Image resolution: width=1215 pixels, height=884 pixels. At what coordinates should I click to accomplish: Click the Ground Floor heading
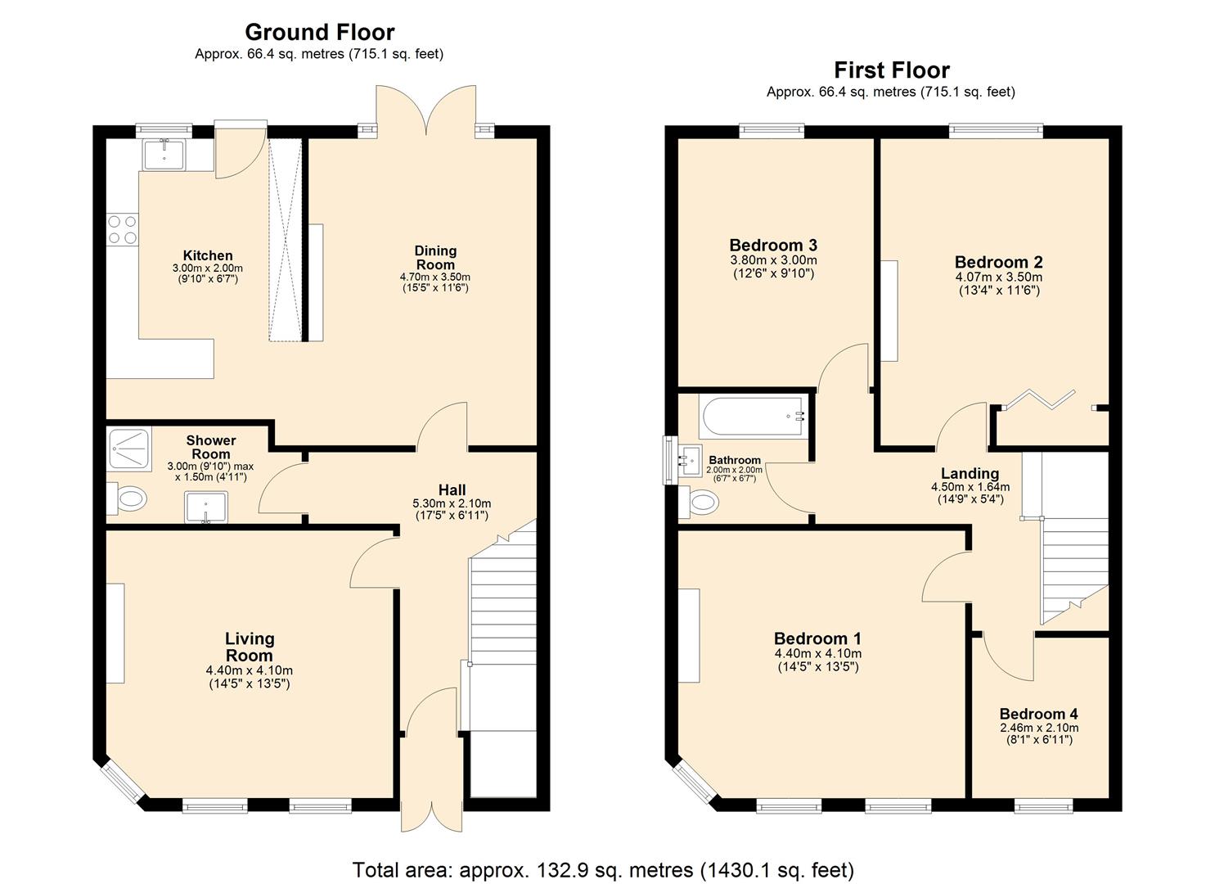pyautogui.click(x=319, y=32)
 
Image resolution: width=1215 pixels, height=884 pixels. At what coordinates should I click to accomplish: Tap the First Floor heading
pyautogui.click(x=891, y=70)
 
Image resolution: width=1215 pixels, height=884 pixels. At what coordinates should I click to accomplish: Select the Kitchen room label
pyautogui.click(x=208, y=255)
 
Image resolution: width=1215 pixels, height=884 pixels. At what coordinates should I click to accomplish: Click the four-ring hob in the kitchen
pyautogui.click(x=122, y=229)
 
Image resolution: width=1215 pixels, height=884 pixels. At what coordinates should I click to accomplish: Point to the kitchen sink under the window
pyautogui.click(x=164, y=153)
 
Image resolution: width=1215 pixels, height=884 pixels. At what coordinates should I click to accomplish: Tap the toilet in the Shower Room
pyautogui.click(x=127, y=498)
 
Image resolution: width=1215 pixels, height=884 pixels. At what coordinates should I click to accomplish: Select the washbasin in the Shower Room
pyautogui.click(x=205, y=506)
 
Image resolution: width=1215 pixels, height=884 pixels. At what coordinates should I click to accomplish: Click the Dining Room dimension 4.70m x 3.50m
pyautogui.click(x=435, y=277)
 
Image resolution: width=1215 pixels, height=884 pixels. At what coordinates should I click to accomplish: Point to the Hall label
pyautogui.click(x=452, y=489)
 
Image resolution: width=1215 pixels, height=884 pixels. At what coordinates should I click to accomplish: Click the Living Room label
pyautogui.click(x=249, y=647)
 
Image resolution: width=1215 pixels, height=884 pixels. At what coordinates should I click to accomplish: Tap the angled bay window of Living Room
pyautogui.click(x=122, y=782)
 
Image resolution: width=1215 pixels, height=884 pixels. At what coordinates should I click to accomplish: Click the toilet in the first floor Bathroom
pyautogui.click(x=700, y=501)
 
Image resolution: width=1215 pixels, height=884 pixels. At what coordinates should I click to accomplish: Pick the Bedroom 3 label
pyautogui.click(x=773, y=245)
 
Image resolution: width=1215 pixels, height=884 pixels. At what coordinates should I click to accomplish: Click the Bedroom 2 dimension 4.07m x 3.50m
pyautogui.click(x=998, y=277)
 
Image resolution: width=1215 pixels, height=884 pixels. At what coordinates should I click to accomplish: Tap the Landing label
pyautogui.click(x=970, y=473)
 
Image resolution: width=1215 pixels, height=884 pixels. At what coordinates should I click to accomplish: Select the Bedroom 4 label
pyautogui.click(x=1038, y=714)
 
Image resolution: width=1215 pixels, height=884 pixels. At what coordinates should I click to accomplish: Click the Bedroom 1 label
pyautogui.click(x=817, y=638)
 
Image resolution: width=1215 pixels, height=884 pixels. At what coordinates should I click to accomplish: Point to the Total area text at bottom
pyautogui.click(x=603, y=869)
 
